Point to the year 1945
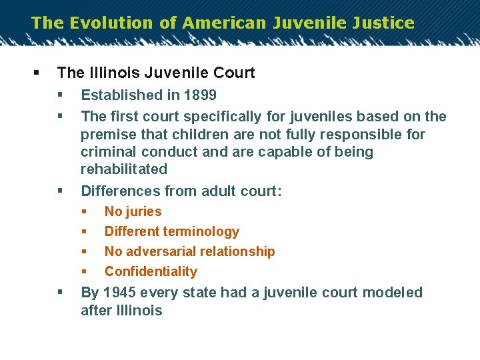[119, 293]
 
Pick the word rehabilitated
[124, 169]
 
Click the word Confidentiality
[151, 272]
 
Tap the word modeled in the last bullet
[394, 293]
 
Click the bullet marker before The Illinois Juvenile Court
[35, 72]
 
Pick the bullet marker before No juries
[84, 212]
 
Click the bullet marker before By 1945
[61, 293]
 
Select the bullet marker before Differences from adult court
[61, 191]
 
